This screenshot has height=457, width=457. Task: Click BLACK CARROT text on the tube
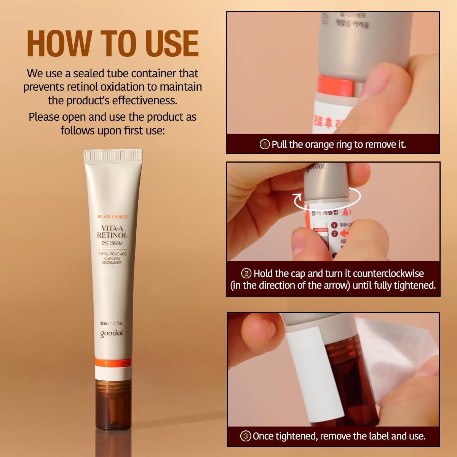click(x=113, y=217)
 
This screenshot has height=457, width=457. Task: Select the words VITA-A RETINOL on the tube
click(x=112, y=232)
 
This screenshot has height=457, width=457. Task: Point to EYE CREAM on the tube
click(x=112, y=243)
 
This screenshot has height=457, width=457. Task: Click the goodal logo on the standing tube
click(x=112, y=334)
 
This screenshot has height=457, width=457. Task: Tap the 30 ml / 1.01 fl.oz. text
click(x=112, y=323)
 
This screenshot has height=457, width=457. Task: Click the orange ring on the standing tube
click(x=113, y=362)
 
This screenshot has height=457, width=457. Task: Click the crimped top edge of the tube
click(x=113, y=155)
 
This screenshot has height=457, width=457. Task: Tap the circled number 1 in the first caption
click(x=264, y=144)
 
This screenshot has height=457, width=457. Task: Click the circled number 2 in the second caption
click(x=246, y=273)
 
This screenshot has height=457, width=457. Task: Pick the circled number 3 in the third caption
click(x=245, y=436)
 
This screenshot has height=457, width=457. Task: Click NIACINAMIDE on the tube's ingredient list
click(x=112, y=263)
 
